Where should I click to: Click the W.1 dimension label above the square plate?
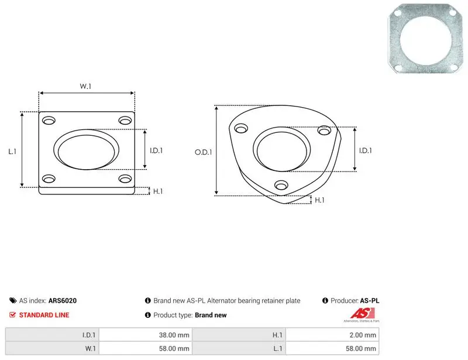coord(85,86)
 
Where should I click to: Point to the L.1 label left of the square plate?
coord(12,152)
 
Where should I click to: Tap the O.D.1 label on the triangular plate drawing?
coord(203,152)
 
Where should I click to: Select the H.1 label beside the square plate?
coord(158,191)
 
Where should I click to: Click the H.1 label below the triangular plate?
coord(319,200)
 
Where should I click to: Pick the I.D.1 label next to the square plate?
coord(156,150)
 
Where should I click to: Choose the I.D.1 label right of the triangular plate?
coord(366,150)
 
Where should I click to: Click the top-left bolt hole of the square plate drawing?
coord(49,121)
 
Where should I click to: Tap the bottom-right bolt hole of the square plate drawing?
coord(125,179)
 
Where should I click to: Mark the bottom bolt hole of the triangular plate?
coord(281,185)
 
